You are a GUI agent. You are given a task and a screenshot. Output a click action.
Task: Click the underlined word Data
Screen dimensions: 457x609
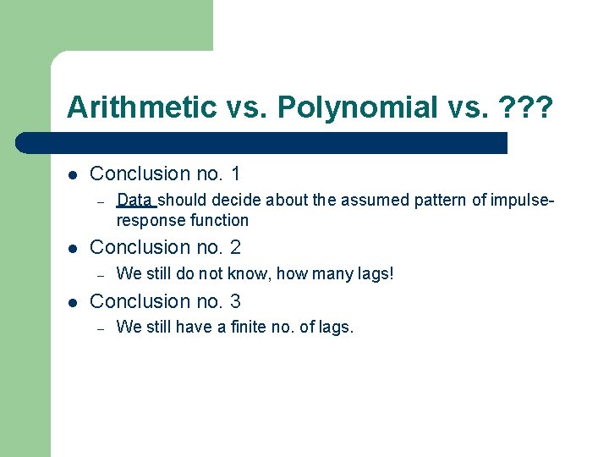[135, 201]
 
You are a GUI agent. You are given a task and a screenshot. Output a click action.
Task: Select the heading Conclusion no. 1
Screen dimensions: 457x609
[165, 173]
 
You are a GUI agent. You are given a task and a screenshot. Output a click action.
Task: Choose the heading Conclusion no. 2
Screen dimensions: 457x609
[165, 247]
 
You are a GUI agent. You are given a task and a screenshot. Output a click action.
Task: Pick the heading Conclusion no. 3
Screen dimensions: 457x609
[165, 301]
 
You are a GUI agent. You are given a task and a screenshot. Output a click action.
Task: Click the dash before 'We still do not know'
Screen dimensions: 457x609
[99, 274]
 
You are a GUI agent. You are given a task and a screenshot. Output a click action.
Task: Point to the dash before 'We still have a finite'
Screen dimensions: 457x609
[99, 328]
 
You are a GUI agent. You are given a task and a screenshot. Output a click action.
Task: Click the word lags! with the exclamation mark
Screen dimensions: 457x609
[376, 274]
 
